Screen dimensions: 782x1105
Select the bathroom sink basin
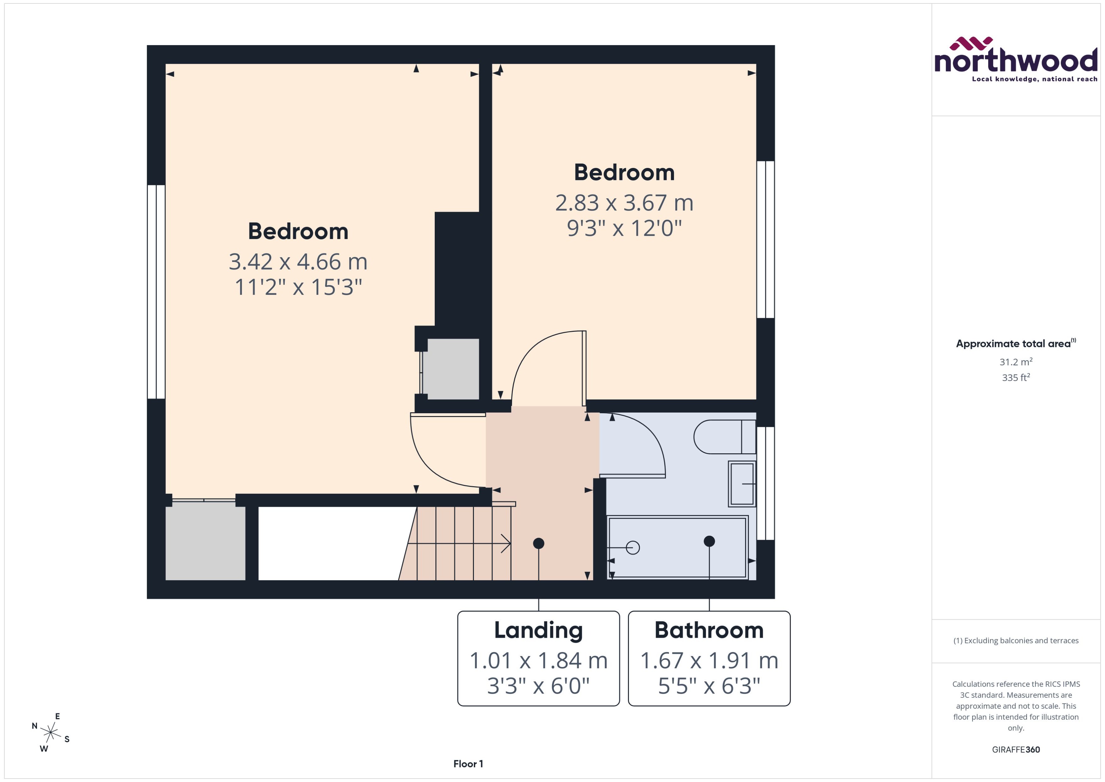click(x=742, y=483)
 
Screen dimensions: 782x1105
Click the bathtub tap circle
click(x=633, y=547)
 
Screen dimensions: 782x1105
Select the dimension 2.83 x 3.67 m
click(x=624, y=203)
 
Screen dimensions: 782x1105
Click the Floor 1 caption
click(x=468, y=764)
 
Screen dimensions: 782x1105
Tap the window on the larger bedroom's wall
click(x=156, y=292)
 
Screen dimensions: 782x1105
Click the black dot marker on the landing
click(x=538, y=543)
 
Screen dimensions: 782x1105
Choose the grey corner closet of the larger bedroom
click(x=205, y=540)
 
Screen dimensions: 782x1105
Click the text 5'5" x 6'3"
click(x=709, y=686)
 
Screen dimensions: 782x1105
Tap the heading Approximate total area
click(x=1013, y=344)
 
